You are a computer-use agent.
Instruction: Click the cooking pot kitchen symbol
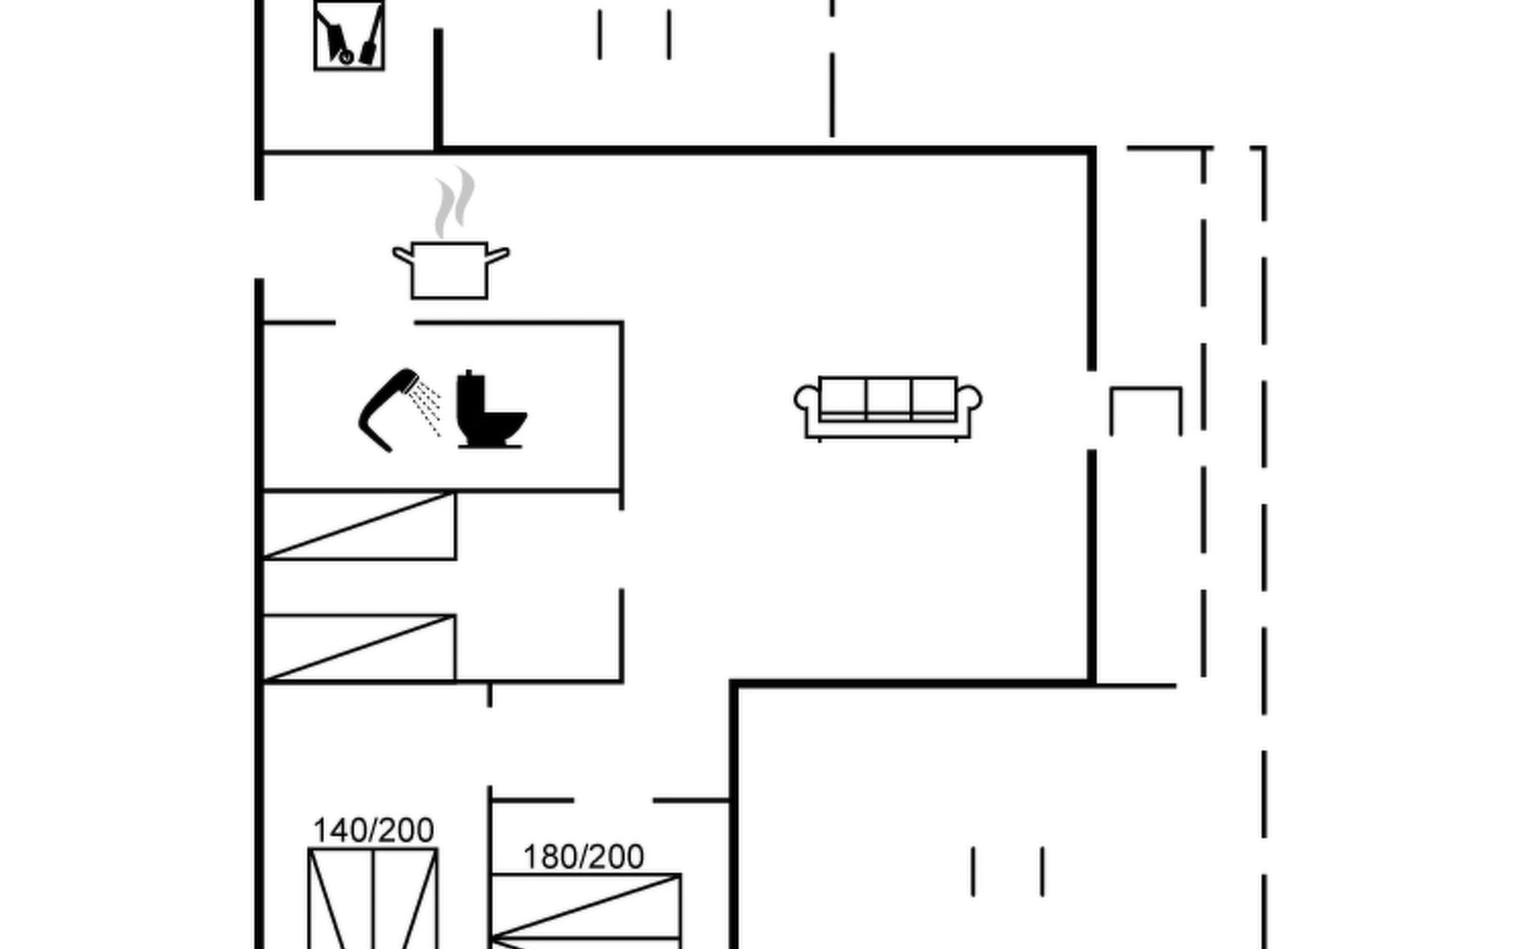[450, 270]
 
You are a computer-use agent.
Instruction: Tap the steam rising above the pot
[455, 202]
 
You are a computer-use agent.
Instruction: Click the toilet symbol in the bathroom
[490, 411]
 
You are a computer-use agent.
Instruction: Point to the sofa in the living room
[888, 407]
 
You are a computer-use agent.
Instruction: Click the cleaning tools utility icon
[349, 36]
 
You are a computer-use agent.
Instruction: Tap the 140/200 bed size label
[373, 830]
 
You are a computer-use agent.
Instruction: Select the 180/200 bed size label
[583, 856]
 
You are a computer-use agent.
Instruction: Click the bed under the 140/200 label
[373, 902]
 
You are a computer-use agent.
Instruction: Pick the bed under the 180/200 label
[585, 909]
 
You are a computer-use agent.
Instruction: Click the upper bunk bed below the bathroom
[359, 526]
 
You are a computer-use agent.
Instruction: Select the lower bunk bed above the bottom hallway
[359, 648]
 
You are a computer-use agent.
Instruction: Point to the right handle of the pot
[498, 255]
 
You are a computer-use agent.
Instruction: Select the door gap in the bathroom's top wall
[375, 323]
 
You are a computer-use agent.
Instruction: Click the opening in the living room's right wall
[1092, 410]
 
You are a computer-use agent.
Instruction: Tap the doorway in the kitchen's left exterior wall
[259, 239]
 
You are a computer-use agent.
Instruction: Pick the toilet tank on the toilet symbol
[470, 392]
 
